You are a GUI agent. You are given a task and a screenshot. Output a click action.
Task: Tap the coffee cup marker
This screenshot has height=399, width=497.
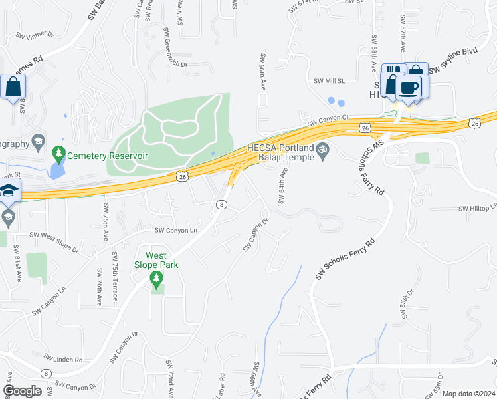point(409,88)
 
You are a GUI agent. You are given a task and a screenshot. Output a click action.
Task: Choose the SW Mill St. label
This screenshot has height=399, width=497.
point(330,80)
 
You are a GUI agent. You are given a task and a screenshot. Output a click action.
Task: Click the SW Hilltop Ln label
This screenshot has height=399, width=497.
point(477,209)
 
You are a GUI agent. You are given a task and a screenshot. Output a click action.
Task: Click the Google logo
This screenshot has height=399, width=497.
point(23,391)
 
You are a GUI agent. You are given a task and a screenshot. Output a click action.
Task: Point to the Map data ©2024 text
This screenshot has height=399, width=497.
point(468,394)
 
